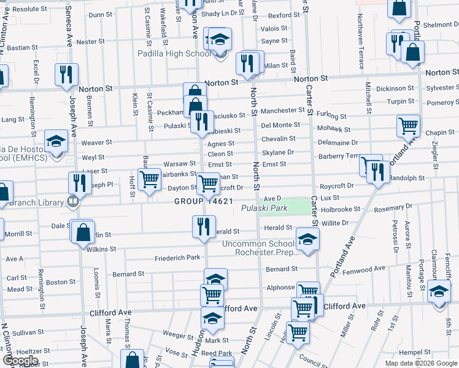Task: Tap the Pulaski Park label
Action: coord(264,209)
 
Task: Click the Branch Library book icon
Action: coord(72,201)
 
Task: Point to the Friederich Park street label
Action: coord(177,258)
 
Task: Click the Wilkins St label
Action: coord(101,249)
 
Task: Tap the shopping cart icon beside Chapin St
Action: coord(408,126)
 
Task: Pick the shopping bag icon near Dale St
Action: coord(83,233)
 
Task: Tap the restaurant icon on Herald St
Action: coord(203,226)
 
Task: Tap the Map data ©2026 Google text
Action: coord(420,363)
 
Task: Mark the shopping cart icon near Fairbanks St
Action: coord(149,181)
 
